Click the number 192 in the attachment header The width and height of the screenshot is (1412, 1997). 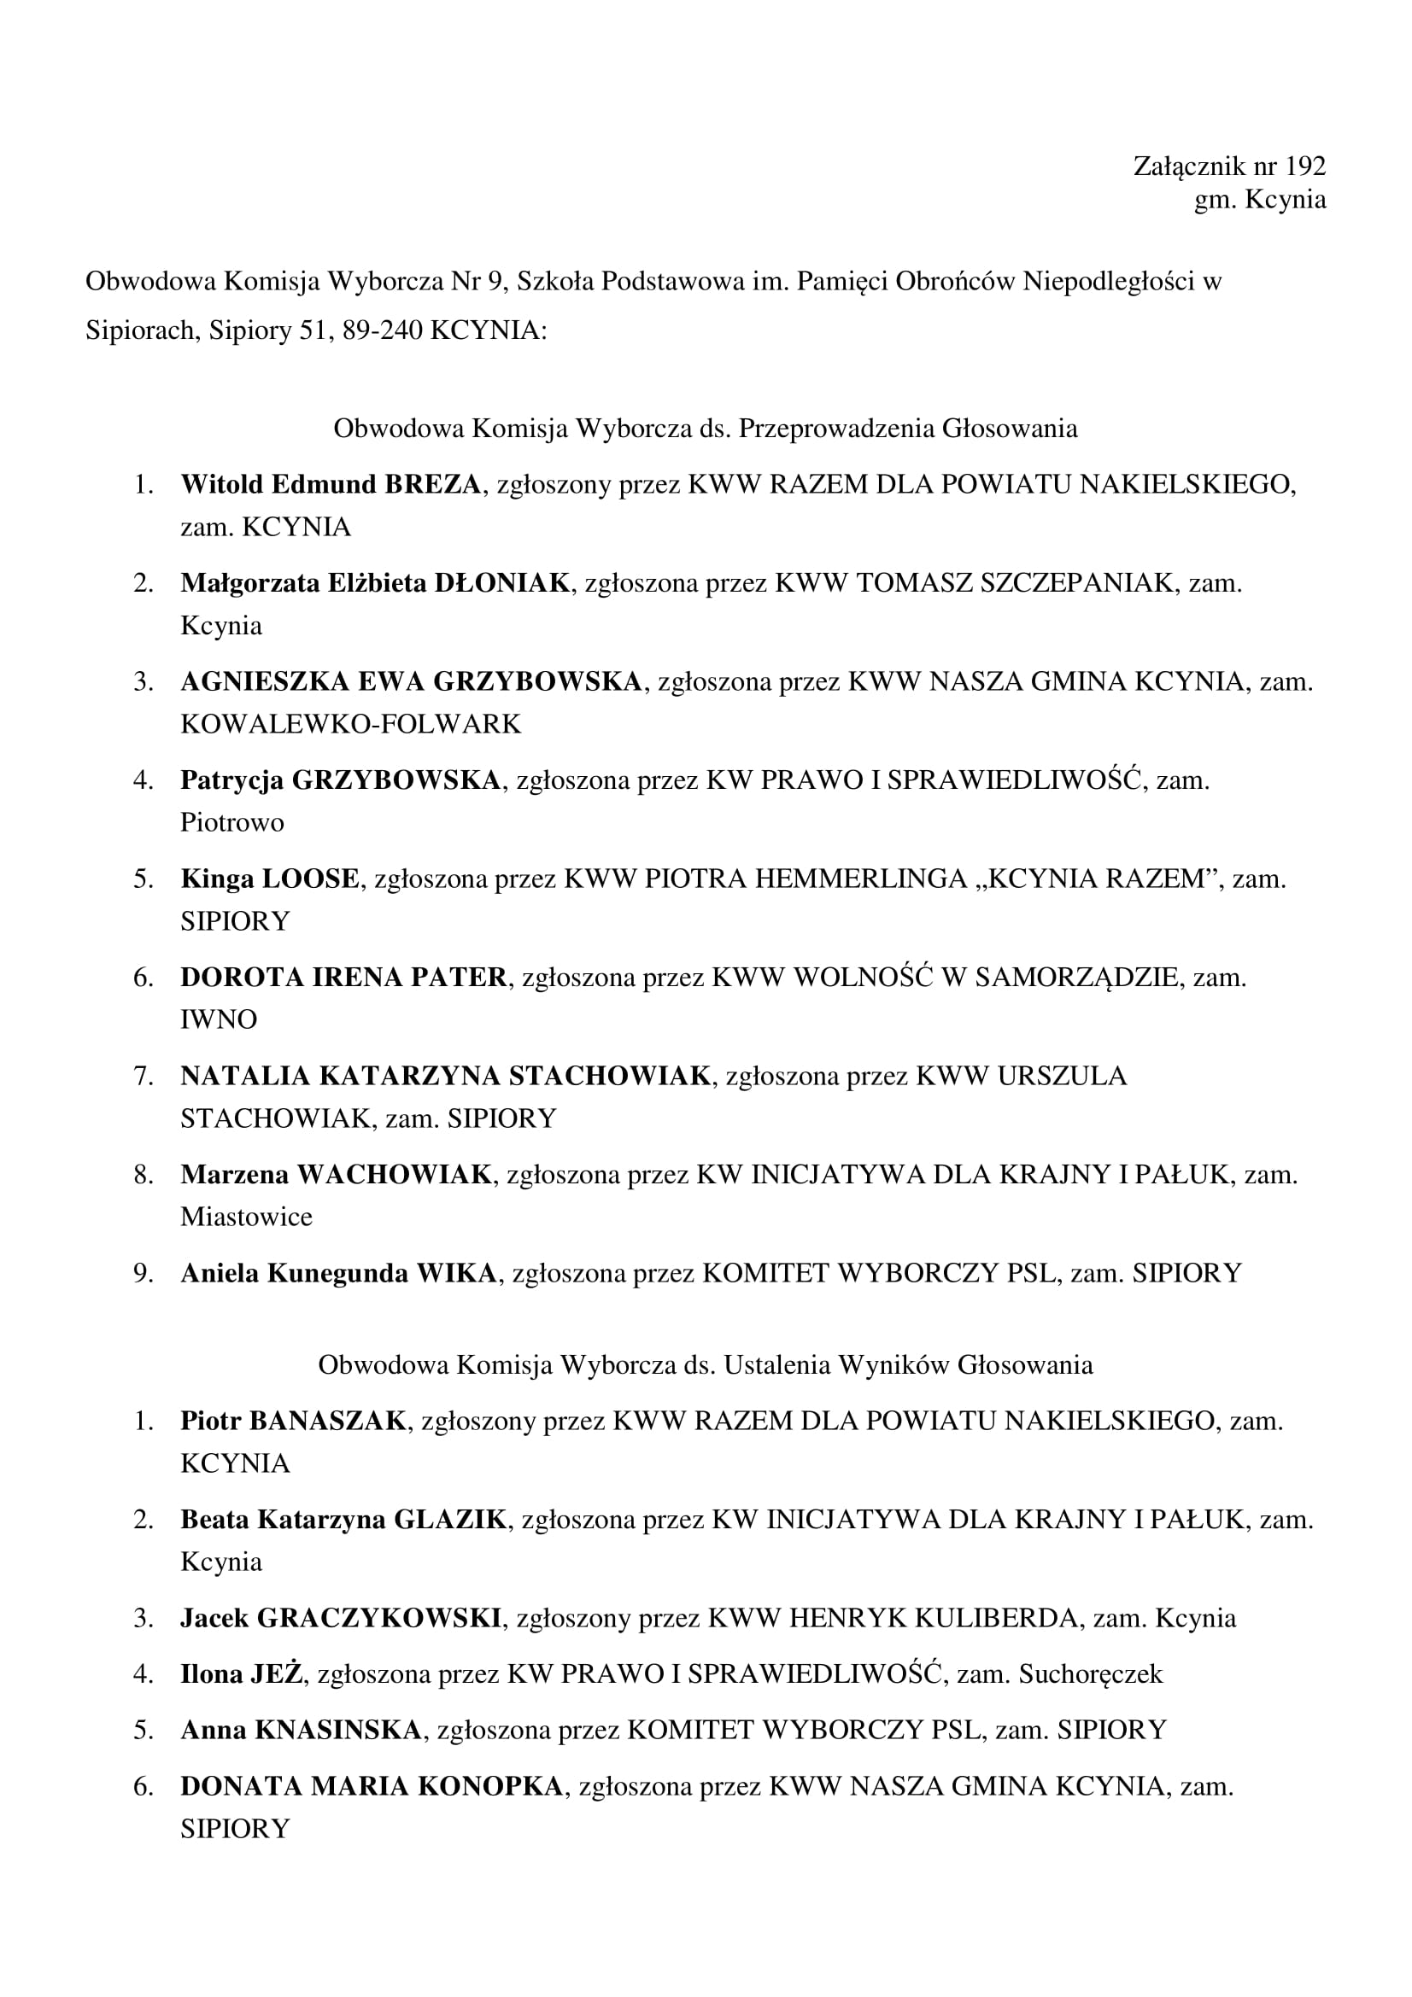point(1305,166)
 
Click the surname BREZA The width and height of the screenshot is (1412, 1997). point(432,484)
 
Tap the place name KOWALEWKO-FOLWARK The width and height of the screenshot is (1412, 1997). point(350,724)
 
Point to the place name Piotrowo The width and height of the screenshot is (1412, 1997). point(232,822)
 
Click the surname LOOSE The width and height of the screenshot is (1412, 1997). point(311,879)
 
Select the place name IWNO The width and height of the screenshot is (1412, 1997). point(219,1019)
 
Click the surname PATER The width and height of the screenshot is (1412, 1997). point(459,978)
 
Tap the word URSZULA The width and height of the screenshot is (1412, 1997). point(1063,1076)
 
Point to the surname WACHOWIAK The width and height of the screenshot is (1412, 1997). point(395,1174)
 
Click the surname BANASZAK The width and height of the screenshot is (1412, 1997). point(328,1422)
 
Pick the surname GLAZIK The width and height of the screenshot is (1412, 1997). point(451,1520)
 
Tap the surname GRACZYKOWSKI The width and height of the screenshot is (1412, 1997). point(379,1618)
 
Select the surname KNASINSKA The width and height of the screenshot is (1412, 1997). point(338,1730)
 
